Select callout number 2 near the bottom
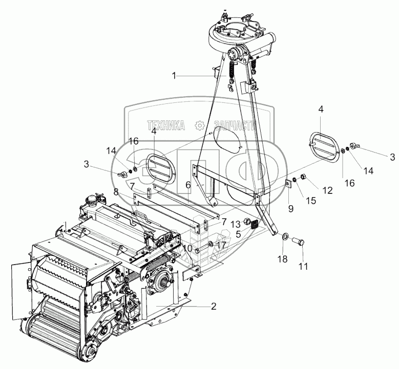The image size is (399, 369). tap(213, 307)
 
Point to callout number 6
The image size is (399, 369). tap(188, 184)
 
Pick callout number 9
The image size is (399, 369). tap(290, 209)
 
